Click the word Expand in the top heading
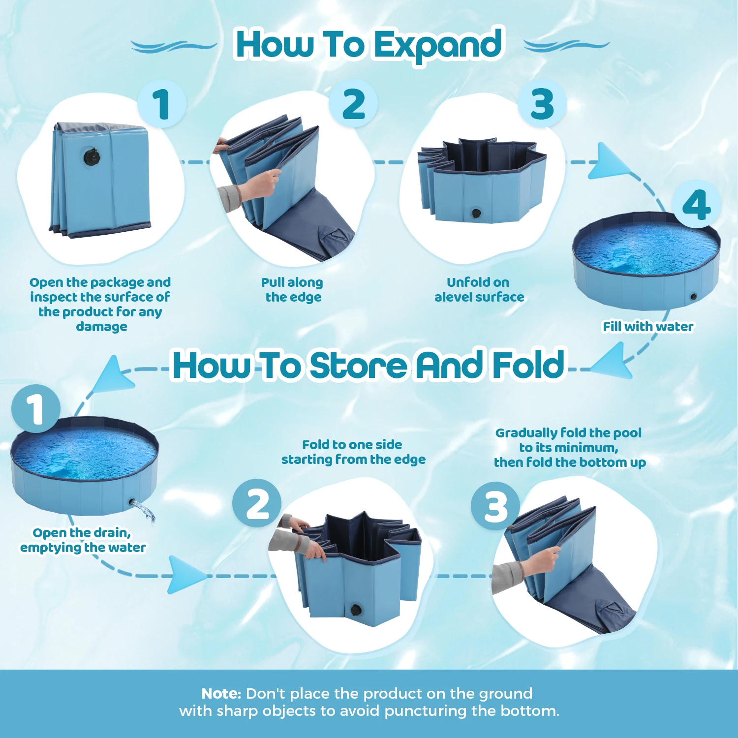click(x=438, y=46)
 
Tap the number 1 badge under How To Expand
click(x=161, y=104)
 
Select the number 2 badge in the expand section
click(x=354, y=104)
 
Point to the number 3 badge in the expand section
click(x=542, y=104)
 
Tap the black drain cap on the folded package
click(x=92, y=157)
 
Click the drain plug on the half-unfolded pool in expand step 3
click(x=476, y=214)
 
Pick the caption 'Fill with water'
click(x=648, y=327)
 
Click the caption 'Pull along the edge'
click(x=292, y=290)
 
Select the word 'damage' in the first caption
click(x=101, y=327)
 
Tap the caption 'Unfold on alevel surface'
click(x=479, y=290)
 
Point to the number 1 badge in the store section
click(x=36, y=409)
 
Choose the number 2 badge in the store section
click(x=257, y=503)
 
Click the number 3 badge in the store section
click(x=495, y=506)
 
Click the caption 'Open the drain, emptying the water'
click(x=83, y=540)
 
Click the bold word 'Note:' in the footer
click(x=221, y=694)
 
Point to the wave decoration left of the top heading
click(x=174, y=47)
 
